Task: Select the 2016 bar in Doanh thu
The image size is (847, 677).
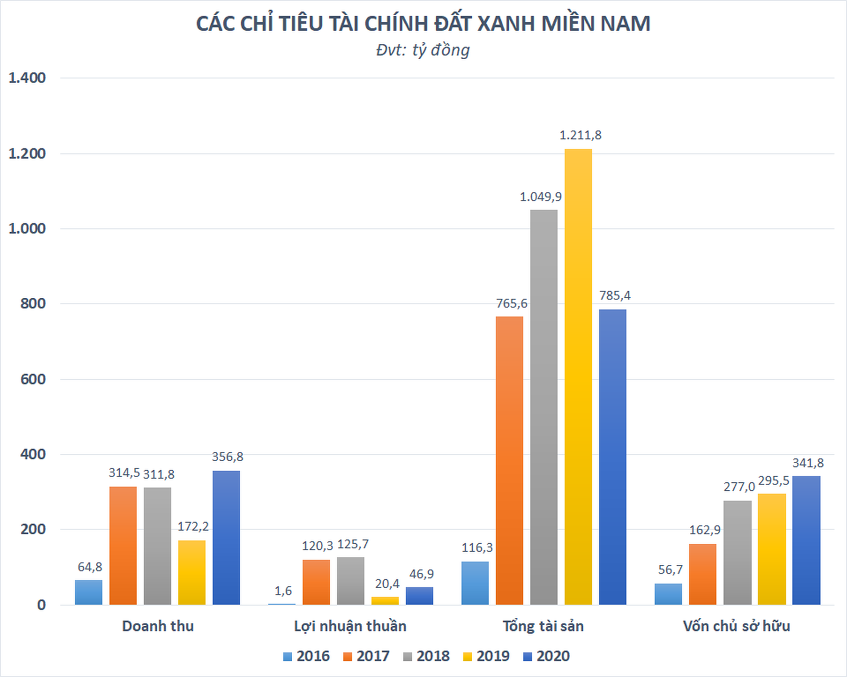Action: coord(88,592)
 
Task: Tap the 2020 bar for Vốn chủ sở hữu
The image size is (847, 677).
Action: coord(806,540)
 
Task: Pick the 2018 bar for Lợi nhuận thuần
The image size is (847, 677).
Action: coord(350,581)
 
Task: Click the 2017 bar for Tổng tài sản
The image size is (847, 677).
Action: coord(509,460)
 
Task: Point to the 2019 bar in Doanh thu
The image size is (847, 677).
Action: coord(192,572)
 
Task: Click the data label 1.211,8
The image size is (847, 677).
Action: coord(580,135)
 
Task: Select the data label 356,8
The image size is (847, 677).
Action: coord(228,457)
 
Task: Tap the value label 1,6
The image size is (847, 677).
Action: coord(283,591)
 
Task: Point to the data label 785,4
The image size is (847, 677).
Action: coord(615,296)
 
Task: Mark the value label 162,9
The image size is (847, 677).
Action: coord(705,530)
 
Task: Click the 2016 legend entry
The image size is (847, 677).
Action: coord(307,656)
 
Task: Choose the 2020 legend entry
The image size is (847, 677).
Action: coord(546,656)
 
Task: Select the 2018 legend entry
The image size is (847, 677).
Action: coord(426,656)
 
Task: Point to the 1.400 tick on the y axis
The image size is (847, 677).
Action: coord(27,78)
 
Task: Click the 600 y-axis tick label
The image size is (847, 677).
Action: coord(33,379)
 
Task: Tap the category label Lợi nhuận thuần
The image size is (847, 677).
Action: coord(350,626)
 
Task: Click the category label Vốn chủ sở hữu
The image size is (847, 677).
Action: coord(736,626)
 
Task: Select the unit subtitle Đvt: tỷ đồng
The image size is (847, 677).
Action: coord(423,50)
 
